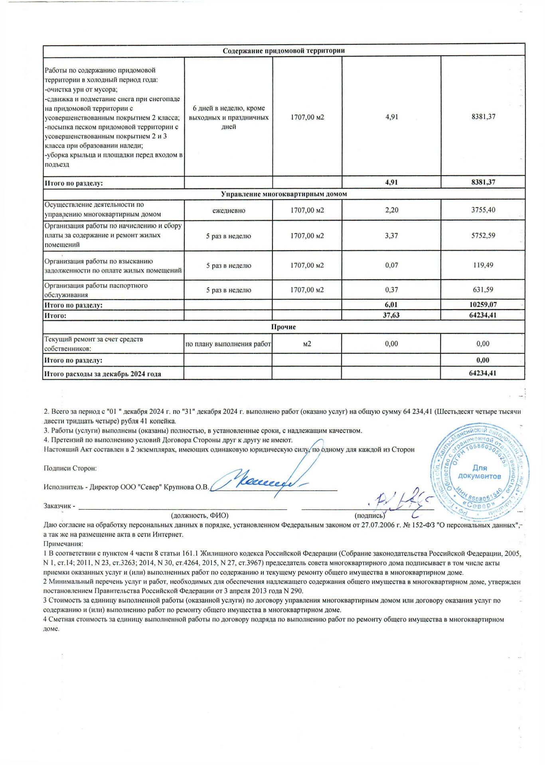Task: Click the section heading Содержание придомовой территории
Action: click(x=283, y=51)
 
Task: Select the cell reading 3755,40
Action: click(x=483, y=210)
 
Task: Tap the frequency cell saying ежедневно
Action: click(x=229, y=210)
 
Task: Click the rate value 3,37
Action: click(x=391, y=235)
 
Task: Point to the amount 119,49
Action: click(x=483, y=265)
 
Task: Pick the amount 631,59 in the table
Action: click(x=483, y=290)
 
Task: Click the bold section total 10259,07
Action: click(x=483, y=304)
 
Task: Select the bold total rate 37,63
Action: click(x=391, y=315)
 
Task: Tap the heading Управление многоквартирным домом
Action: click(x=284, y=194)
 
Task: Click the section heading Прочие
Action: click(x=283, y=327)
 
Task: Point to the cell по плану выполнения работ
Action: click(x=228, y=344)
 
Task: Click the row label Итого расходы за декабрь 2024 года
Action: click(x=103, y=374)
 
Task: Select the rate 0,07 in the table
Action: click(x=391, y=265)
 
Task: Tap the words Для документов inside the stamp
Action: click(x=479, y=472)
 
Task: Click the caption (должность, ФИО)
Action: click(x=199, y=516)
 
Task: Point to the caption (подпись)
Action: click(x=369, y=516)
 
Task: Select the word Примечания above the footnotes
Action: click(x=63, y=544)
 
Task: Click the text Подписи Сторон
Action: click(x=70, y=468)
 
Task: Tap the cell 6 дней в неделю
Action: click(x=229, y=117)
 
